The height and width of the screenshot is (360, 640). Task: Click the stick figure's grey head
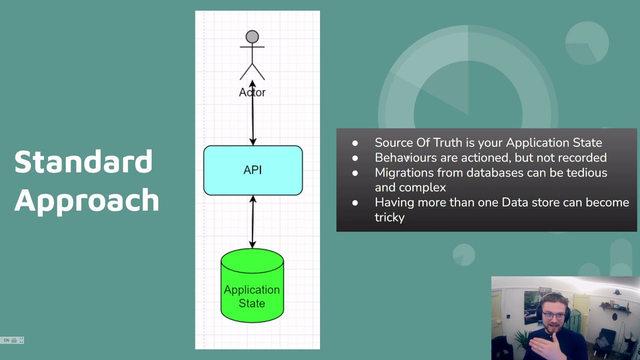tap(252, 37)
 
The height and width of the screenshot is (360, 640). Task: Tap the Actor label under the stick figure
tap(252, 92)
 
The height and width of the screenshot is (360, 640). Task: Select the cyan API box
tap(253, 170)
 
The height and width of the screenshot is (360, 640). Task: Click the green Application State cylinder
tap(252, 285)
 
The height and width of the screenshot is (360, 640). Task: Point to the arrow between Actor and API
tap(252, 113)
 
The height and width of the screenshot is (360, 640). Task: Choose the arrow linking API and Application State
tap(252, 222)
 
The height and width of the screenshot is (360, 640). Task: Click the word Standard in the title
tap(83, 161)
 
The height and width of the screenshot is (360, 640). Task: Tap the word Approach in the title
tap(86, 201)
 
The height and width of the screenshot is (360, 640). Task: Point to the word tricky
tap(389, 217)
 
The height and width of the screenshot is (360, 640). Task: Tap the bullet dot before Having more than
tap(355, 203)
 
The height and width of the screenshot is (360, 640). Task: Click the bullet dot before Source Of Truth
tap(355, 143)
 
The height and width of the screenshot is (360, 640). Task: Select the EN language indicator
tap(6, 340)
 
